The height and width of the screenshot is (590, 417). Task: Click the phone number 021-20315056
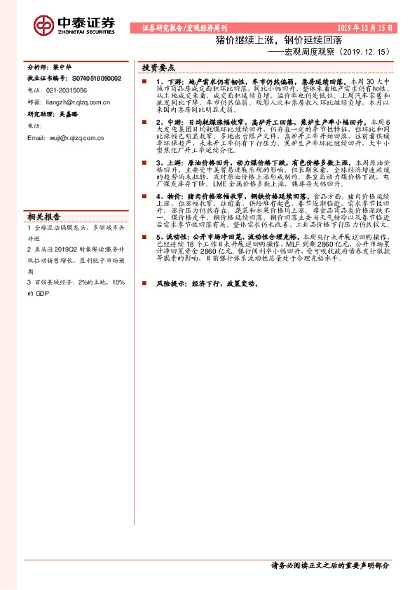[x=72, y=90]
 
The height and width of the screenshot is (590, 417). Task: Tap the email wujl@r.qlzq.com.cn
[x=75, y=138]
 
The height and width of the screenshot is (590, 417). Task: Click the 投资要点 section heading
[x=158, y=68]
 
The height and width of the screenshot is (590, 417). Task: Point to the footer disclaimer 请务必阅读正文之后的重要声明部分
[x=329, y=565]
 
